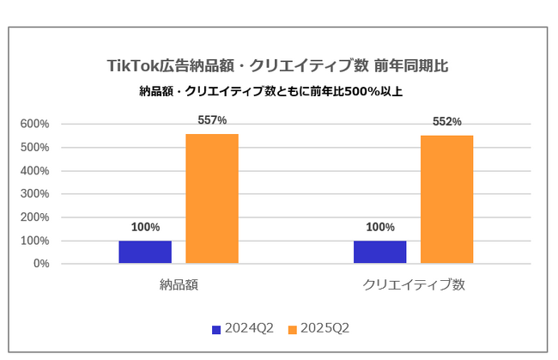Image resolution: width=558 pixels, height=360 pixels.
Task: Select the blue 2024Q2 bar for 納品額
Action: pos(145,252)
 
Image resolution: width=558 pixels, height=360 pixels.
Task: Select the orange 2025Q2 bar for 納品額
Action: pos(212,198)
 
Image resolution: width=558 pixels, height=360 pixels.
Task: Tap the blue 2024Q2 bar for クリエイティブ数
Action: pos(379,252)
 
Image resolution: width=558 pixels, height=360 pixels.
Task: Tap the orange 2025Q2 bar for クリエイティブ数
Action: pos(446,199)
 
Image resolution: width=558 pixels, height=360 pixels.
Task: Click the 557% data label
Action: pos(212,120)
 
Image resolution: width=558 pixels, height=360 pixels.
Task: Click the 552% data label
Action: pos(446,122)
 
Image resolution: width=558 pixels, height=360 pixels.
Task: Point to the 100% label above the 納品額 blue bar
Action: pos(145,228)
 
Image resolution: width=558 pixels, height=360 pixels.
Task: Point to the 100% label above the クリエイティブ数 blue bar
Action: pos(379,228)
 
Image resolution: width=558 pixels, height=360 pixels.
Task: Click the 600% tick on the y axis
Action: pos(34,124)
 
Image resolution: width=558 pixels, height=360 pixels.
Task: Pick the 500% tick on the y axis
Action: pos(34,147)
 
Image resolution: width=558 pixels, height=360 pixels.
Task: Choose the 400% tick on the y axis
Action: pos(34,170)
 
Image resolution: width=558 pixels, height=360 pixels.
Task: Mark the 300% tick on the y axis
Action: pos(34,193)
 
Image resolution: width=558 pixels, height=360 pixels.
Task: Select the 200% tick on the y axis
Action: pos(34,217)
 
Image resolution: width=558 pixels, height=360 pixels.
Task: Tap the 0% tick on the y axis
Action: pos(39,264)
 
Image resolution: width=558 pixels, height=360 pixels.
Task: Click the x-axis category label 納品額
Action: pos(179,284)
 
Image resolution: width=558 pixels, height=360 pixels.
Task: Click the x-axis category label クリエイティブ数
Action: pos(413,284)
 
